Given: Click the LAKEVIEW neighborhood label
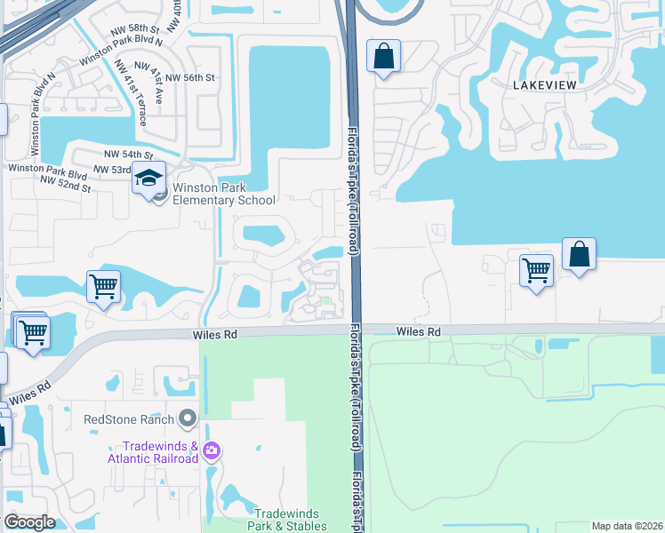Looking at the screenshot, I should click(545, 84).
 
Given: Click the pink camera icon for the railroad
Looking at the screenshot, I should click(211, 450).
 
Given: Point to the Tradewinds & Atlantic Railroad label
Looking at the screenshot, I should click(153, 452).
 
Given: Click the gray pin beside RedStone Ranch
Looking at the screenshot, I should click(187, 418).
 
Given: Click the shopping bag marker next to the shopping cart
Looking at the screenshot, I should click(579, 254).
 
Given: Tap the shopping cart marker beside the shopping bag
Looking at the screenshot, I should click(536, 270).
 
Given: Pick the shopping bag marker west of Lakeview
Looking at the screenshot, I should click(383, 56).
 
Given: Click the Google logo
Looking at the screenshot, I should click(29, 522).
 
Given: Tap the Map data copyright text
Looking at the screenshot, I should click(627, 526).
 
